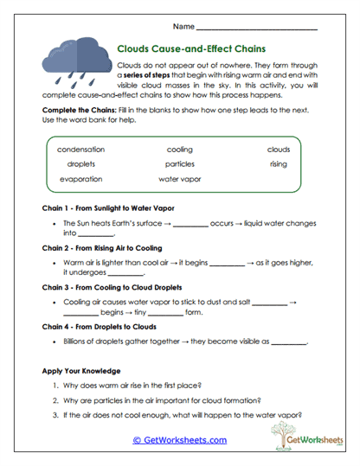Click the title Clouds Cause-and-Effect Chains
click(x=190, y=50)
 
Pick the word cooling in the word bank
click(x=180, y=149)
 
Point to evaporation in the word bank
click(x=81, y=179)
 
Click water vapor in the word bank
click(x=180, y=179)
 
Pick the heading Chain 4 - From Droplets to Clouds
click(x=106, y=329)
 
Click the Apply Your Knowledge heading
click(x=82, y=371)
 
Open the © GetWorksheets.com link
click(x=180, y=440)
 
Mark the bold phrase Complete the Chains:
click(x=75, y=113)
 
